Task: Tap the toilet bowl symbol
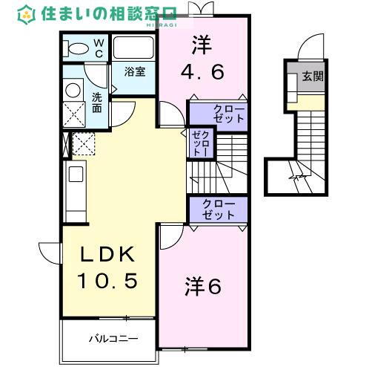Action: coord(76,48)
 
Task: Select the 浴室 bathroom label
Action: coord(134,72)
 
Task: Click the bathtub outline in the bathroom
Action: coord(133,49)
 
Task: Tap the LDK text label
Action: coord(108,256)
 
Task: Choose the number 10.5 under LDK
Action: coord(108,282)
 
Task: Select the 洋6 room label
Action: coord(202,286)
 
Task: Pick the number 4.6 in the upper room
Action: coord(203,73)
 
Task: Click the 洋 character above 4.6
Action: coord(202,44)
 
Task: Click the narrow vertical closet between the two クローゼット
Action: coord(199,142)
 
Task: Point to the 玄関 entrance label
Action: coord(312,76)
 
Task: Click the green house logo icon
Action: coord(27,13)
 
